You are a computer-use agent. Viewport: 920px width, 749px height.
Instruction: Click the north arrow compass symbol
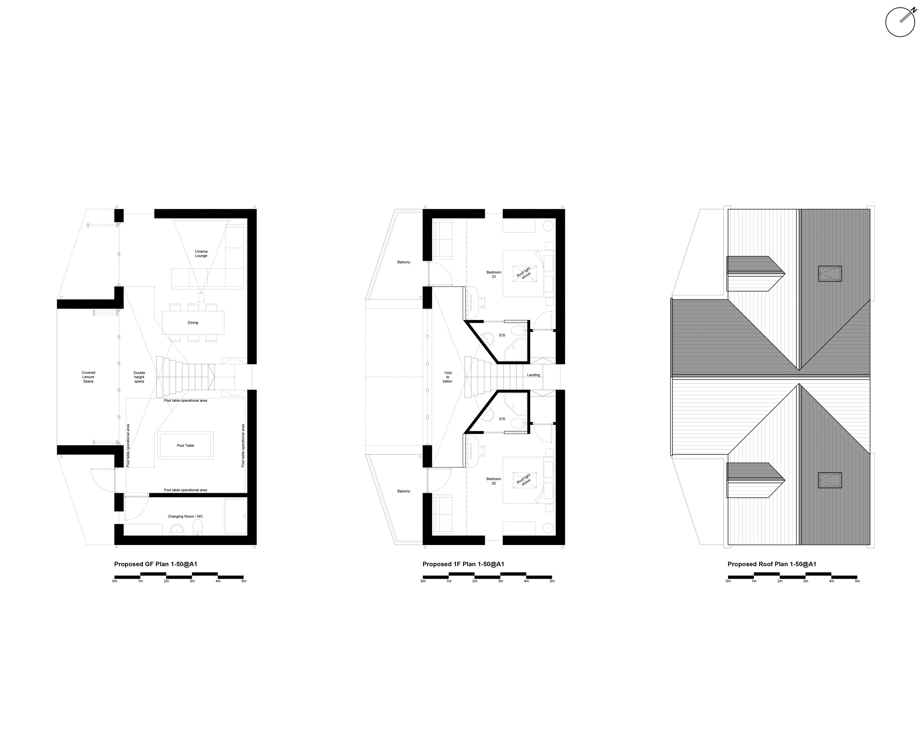(x=900, y=22)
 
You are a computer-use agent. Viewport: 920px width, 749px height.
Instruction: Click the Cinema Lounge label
(x=201, y=254)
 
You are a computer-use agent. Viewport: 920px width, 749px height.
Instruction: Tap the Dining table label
(x=193, y=323)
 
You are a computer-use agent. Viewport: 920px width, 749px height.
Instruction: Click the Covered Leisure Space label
(x=89, y=377)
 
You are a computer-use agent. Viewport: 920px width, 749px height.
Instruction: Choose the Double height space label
(x=139, y=377)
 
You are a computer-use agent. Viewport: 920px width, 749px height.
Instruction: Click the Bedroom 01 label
(x=494, y=274)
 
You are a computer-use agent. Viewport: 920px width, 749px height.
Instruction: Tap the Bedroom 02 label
(x=494, y=481)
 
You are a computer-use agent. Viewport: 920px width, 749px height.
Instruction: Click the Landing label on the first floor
(x=533, y=375)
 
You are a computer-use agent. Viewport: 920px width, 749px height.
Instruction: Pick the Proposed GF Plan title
(x=156, y=564)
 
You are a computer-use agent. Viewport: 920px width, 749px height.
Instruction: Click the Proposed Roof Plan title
(x=772, y=564)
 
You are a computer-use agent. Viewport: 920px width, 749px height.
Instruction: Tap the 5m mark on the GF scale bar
(x=244, y=581)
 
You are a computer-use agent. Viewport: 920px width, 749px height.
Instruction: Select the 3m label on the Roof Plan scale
(x=806, y=581)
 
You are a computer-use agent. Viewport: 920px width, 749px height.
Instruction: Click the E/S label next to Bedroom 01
(x=502, y=335)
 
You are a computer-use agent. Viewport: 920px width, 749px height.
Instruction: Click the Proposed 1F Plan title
(x=463, y=564)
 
